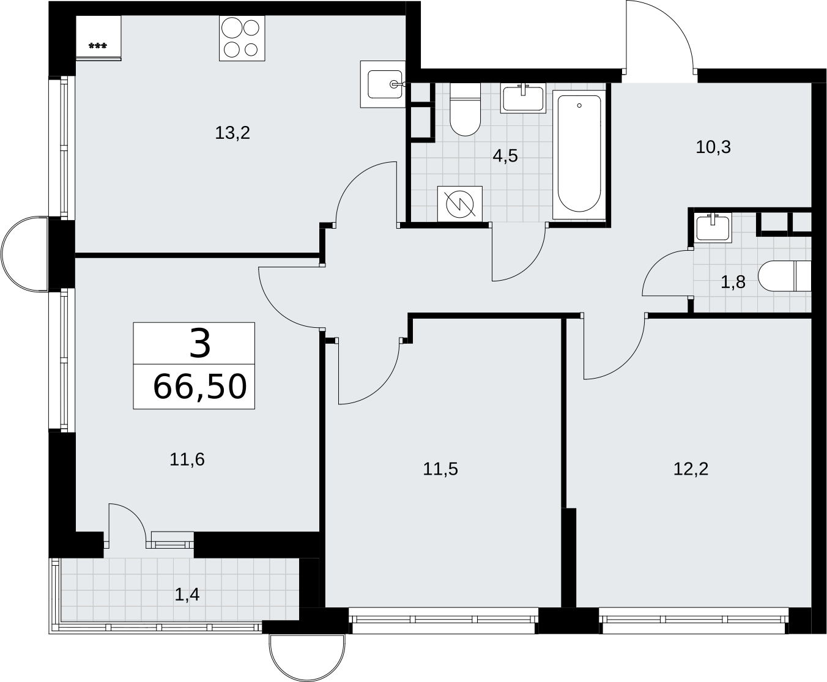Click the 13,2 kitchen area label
(232, 133)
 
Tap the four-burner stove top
(242, 39)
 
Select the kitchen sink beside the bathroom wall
(383, 84)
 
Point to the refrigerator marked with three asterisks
(98, 39)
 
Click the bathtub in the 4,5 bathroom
(579, 155)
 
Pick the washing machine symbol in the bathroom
(460, 204)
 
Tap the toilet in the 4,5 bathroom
(465, 109)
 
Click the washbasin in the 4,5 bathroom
(523, 98)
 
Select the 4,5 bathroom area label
(505, 156)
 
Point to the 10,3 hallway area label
(713, 147)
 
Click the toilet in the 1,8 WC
(785, 276)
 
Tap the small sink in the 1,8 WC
(713, 228)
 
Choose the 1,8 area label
(733, 283)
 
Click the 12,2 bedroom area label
(691, 469)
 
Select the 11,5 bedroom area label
(440, 469)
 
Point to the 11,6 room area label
(187, 459)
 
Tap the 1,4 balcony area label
(187, 595)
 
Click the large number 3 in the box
(201, 344)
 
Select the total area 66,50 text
(200, 387)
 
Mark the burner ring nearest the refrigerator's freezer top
(232, 28)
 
